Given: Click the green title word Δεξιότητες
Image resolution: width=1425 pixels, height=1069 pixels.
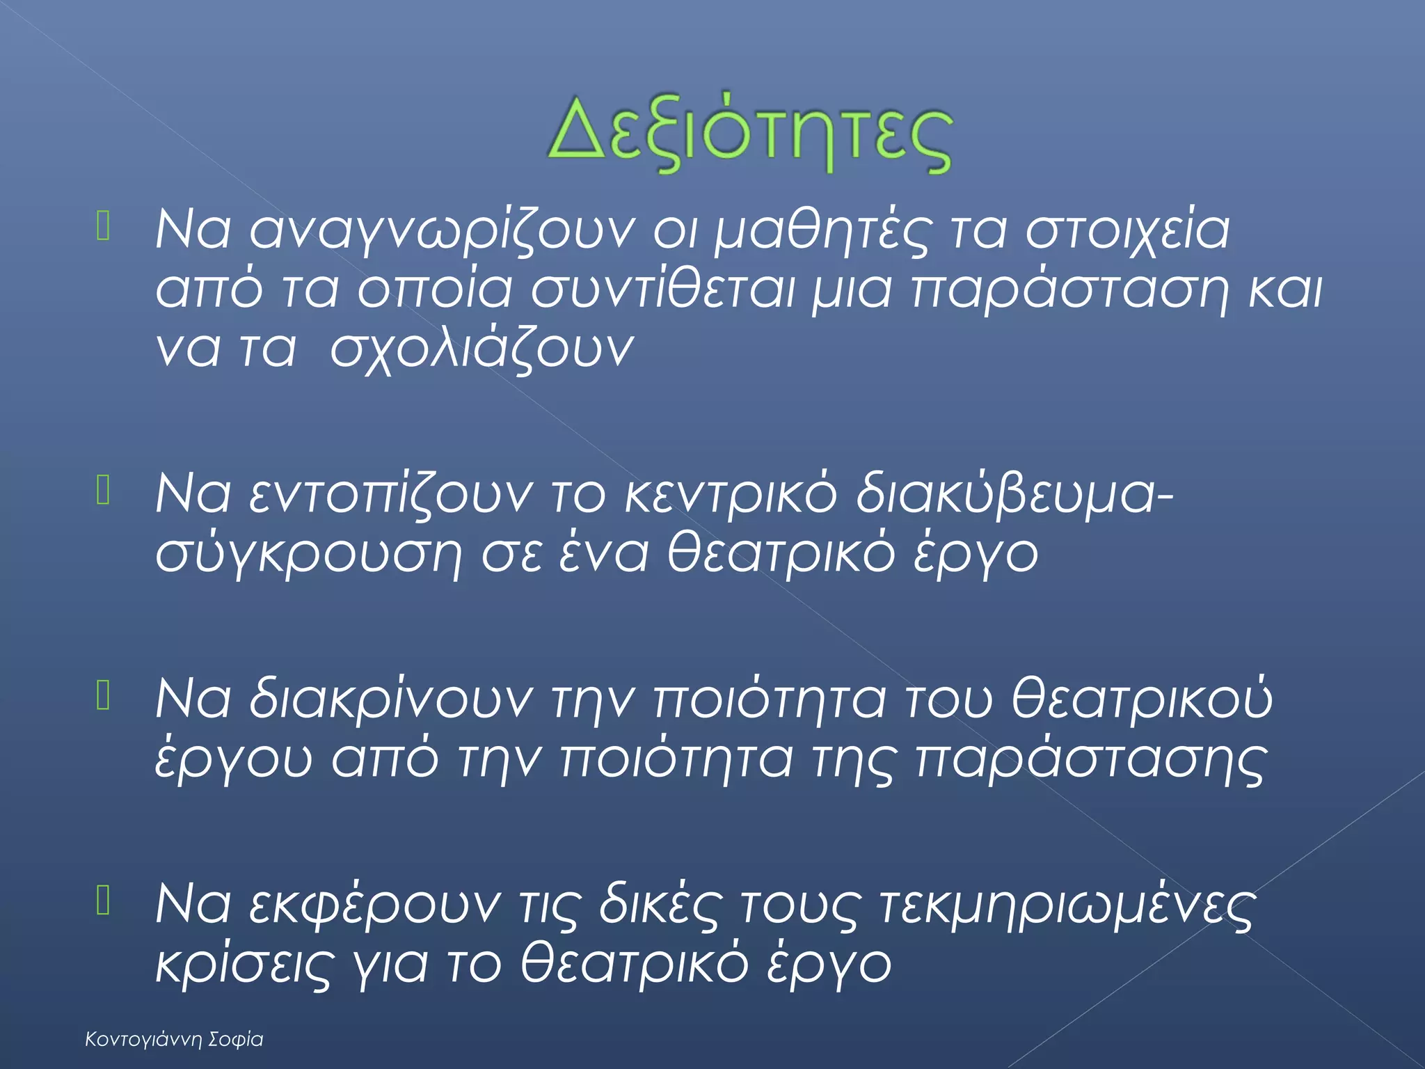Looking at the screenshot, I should coord(749,134).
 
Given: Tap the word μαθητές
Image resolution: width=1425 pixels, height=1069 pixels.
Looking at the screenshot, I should coord(821,230).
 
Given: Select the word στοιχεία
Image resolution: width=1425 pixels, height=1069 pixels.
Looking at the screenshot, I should coord(1128,230).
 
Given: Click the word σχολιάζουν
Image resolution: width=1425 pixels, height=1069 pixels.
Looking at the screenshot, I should coord(481,349).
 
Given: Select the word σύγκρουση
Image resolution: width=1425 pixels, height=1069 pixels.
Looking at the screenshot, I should coord(308,555).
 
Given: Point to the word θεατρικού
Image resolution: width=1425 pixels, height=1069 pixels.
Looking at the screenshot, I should coord(1142,699).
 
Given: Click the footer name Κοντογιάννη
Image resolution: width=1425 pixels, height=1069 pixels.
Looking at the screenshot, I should coord(143,1040).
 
